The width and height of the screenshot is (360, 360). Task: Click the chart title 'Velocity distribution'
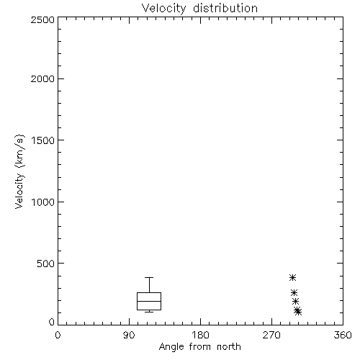tap(199, 8)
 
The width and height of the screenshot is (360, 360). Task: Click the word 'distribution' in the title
tap(225, 8)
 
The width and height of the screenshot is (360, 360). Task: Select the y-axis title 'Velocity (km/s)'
tap(19, 171)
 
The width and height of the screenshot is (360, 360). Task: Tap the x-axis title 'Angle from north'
tap(199, 347)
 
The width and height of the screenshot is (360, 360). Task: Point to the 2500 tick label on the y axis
tap(42, 19)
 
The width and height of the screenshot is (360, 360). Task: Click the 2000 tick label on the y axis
tap(42, 78)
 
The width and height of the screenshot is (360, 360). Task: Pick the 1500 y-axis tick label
tap(43, 140)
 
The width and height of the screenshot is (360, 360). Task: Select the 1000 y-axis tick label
tap(43, 202)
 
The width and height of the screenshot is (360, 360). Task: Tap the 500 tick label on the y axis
tap(46, 264)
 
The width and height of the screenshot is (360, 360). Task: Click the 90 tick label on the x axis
tap(129, 335)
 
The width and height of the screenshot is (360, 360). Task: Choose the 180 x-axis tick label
tap(200, 335)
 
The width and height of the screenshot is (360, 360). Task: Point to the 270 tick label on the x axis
tap(271, 335)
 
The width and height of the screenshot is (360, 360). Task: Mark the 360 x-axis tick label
tap(343, 335)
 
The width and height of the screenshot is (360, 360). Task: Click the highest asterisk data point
tap(292, 278)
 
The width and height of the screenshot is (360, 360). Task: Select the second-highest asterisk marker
tap(294, 293)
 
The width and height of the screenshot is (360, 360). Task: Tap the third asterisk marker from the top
tap(295, 301)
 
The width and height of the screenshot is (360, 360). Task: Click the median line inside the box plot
tap(149, 301)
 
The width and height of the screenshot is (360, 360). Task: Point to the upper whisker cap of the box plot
tap(149, 278)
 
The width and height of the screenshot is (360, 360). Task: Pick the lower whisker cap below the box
tap(149, 312)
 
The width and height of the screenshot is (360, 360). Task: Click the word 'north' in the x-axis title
tap(229, 347)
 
